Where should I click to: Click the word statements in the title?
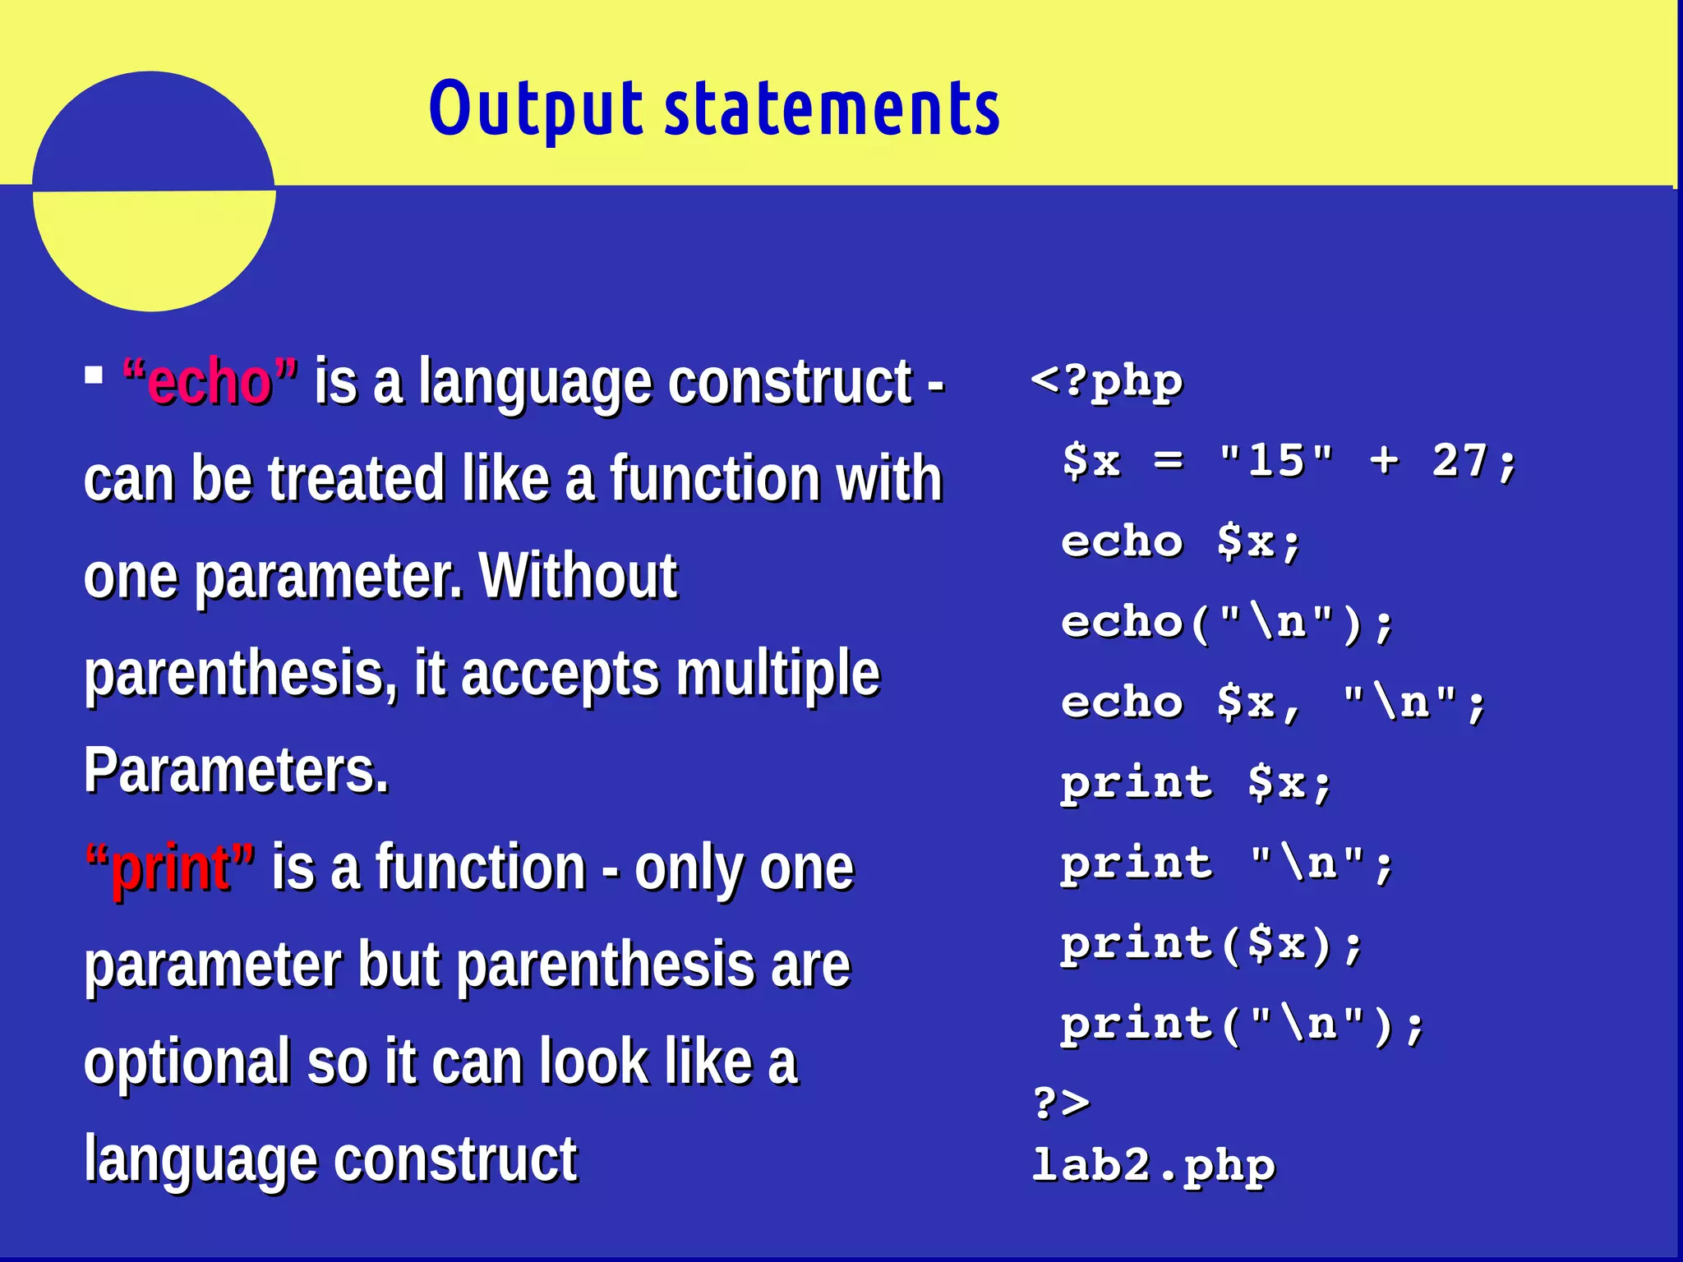coord(832,109)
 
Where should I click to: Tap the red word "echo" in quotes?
coord(210,383)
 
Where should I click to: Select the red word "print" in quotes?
coord(171,868)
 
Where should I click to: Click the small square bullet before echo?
coord(94,376)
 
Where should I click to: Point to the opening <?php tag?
coord(1106,382)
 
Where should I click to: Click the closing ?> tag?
coord(1061,1103)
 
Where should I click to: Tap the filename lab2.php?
coord(1153,1166)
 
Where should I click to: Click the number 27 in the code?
coord(1459,460)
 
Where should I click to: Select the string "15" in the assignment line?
coord(1275,460)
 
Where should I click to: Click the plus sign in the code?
coord(1384,460)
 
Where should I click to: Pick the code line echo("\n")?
coord(1227,623)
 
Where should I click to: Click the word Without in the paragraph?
coord(578,576)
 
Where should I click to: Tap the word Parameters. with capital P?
coord(236,771)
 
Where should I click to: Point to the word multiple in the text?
coord(777,674)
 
